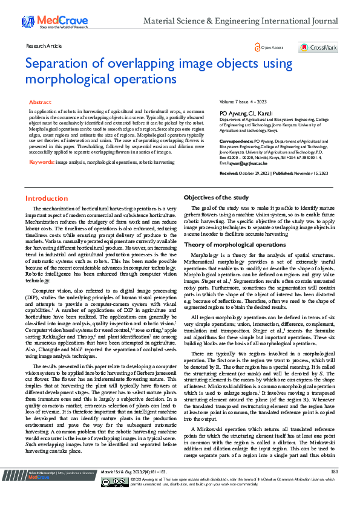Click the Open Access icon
[x=259, y=47]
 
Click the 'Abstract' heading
[x=40, y=103]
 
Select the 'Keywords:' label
[x=42, y=162]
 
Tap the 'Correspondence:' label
[x=236, y=140]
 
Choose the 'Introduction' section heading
[x=47, y=198]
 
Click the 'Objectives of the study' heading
[x=216, y=198]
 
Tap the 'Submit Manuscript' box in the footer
[x=46, y=489]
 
